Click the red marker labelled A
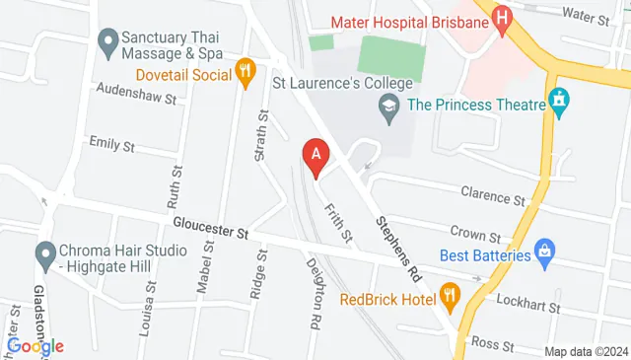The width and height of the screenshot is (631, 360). [315, 156]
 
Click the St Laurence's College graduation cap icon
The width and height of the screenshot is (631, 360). [390, 105]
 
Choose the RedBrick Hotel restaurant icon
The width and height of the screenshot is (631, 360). [451, 294]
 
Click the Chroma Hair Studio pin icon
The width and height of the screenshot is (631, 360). [45, 255]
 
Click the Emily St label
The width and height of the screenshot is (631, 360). [111, 144]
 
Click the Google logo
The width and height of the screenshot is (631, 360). [35, 345]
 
